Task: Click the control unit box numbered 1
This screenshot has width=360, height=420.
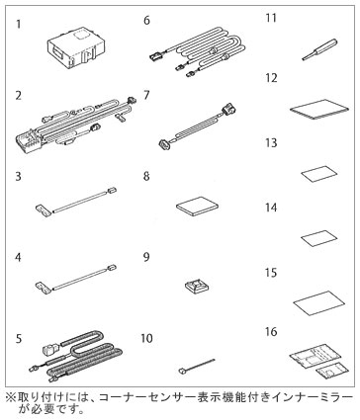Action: click(x=77, y=47)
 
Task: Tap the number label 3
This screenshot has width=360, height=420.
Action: click(x=19, y=176)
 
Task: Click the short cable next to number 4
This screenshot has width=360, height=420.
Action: click(x=77, y=278)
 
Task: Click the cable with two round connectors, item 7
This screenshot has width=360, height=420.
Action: click(x=197, y=126)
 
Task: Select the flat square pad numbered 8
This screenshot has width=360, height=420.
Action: click(x=197, y=206)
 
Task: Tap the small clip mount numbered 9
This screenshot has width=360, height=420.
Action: click(x=198, y=286)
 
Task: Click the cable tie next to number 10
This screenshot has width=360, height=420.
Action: click(x=196, y=367)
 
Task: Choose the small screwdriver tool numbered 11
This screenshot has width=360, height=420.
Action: click(x=319, y=50)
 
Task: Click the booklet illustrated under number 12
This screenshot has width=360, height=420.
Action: click(x=319, y=109)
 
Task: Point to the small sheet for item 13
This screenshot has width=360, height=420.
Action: click(x=319, y=174)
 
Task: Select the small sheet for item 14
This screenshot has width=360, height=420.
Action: click(x=319, y=238)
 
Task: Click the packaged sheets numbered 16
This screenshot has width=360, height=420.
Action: click(x=319, y=362)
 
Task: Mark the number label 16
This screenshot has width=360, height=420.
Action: click(x=271, y=332)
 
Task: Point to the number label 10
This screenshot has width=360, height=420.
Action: click(x=147, y=338)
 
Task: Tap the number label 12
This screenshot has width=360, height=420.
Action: click(x=271, y=78)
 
